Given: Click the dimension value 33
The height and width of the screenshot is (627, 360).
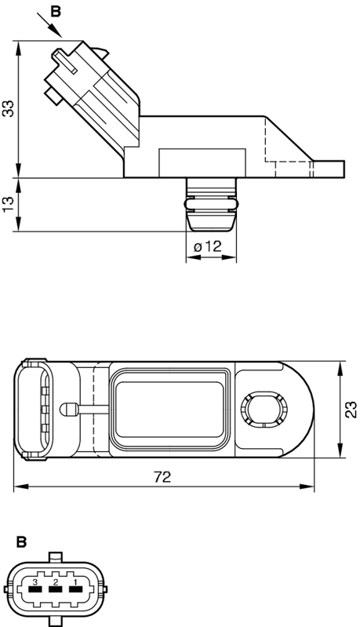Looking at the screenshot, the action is [x=9, y=108].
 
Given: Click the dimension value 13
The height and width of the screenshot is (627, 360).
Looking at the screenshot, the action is [x=9, y=204].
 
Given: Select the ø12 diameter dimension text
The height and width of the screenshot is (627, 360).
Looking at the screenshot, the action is [x=207, y=246].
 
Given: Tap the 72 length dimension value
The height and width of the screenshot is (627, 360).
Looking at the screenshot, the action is [x=162, y=476].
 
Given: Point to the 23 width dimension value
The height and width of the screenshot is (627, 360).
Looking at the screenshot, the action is [x=351, y=410].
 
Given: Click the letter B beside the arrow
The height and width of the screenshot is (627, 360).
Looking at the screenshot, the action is [x=56, y=12].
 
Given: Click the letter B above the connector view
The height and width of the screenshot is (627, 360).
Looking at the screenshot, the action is [x=22, y=542].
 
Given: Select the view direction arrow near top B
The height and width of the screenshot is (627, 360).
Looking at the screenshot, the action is [x=49, y=25].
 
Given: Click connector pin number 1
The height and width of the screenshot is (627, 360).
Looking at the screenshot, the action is [x=74, y=581].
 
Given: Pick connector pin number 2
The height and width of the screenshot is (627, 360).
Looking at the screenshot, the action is [x=55, y=581].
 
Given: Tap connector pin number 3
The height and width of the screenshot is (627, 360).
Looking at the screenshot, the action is [x=35, y=581].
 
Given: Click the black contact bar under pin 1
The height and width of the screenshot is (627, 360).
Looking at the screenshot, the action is [x=75, y=589].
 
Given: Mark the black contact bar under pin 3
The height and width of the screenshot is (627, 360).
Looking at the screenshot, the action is [x=35, y=589].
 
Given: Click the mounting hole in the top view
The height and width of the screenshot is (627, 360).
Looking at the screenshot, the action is [x=264, y=409].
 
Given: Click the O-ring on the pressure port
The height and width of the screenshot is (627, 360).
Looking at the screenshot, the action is [x=211, y=204].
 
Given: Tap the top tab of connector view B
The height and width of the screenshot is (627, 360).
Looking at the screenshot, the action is [x=55, y=557].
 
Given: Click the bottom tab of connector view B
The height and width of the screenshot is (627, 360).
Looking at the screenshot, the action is [x=55, y=621].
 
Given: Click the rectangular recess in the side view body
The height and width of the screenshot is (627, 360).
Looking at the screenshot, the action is [x=202, y=162].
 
